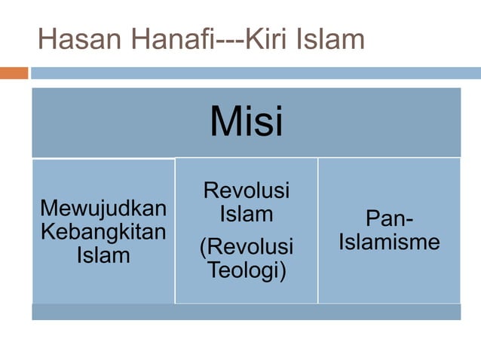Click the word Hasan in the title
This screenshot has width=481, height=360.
click(x=70, y=39)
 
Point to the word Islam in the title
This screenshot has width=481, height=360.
click(x=332, y=39)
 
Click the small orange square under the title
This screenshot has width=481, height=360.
click(x=14, y=73)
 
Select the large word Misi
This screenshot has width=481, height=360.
click(x=246, y=121)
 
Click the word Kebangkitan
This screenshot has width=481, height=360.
click(x=103, y=230)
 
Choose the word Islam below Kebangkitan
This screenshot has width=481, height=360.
click(x=103, y=255)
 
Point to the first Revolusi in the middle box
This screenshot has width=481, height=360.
click(x=246, y=191)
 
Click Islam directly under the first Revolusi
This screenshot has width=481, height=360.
click(x=246, y=215)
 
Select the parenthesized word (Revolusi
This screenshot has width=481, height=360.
click(x=246, y=246)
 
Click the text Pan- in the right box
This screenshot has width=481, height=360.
click(x=389, y=219)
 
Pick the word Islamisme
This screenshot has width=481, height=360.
click(x=389, y=243)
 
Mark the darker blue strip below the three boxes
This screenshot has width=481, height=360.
click(x=246, y=312)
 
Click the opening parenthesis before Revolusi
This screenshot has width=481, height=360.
click(x=203, y=247)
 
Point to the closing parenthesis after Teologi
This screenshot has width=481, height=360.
click(x=282, y=270)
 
